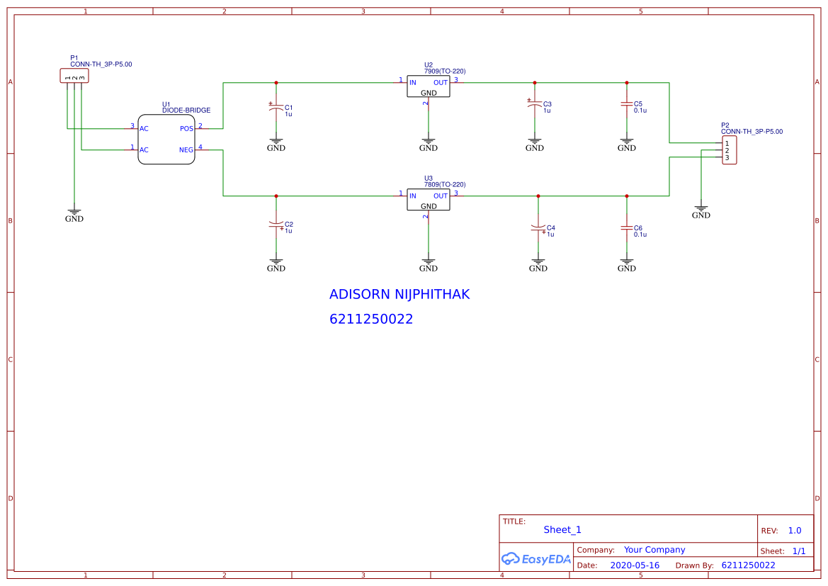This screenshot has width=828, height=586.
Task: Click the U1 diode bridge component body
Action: pos(166,140)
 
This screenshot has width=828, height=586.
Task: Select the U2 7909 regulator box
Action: pos(428,86)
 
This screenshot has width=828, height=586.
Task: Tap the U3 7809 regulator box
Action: pos(428,200)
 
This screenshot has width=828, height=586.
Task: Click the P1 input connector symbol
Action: pos(74,76)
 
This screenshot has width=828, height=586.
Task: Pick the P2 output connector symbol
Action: pos(729,150)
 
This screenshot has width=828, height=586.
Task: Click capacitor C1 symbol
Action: pos(276,108)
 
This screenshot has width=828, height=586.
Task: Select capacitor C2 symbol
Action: pos(276,225)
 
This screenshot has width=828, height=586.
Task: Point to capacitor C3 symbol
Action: pos(535,105)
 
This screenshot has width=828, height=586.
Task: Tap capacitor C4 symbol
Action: pos(538,228)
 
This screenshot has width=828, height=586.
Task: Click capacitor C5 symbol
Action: pos(626,105)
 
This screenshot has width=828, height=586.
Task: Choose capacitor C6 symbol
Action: pos(626,228)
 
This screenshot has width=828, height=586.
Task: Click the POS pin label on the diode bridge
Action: pos(186,129)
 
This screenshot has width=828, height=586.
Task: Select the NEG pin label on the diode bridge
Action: pos(186,150)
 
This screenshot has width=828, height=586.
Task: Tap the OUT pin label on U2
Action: pos(441,83)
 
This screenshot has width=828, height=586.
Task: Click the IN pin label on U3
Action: pos(413,196)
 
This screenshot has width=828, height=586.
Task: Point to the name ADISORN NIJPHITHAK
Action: pos(399,294)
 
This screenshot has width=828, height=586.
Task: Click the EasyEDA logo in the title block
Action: pos(535,558)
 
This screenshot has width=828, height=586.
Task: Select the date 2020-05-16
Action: pos(634,565)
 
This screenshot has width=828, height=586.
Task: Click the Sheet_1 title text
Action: pos(562,530)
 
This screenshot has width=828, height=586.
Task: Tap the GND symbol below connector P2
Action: pos(701,212)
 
